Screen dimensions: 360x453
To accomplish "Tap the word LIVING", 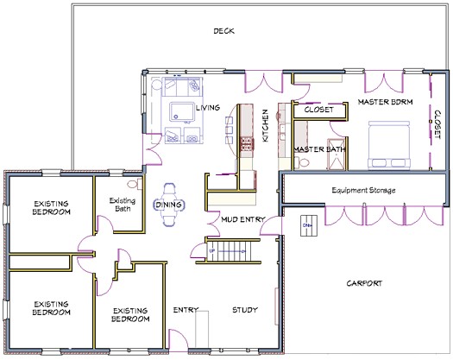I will (208, 108).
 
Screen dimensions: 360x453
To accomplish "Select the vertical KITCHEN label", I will (266, 126).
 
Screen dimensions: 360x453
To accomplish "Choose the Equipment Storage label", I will (360, 189).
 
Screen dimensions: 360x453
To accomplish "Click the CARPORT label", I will (364, 283).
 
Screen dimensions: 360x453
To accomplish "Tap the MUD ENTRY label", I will (242, 219).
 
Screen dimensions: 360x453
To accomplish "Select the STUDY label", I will (246, 310).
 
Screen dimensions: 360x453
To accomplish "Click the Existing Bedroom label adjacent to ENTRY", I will (129, 313).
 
